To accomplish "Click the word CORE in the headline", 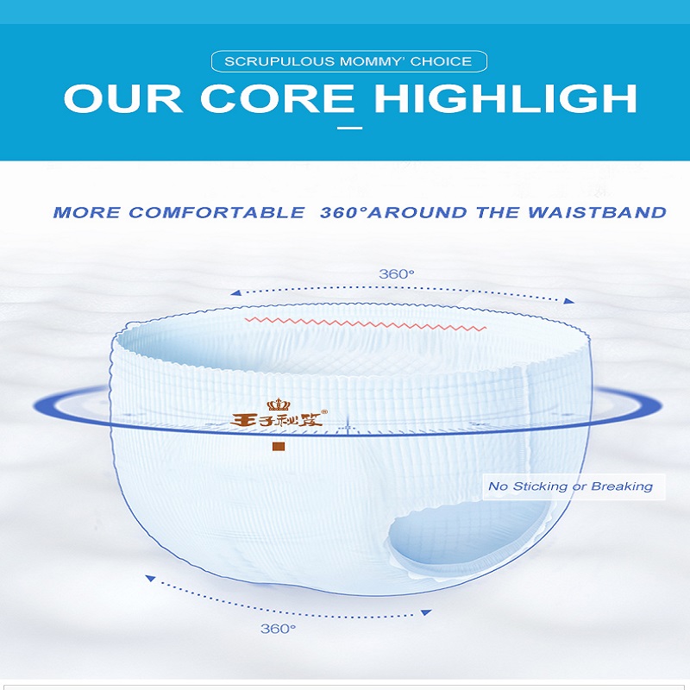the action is tap(277, 98).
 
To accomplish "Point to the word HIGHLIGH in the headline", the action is tap(505, 98).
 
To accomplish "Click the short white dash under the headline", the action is tap(350, 128).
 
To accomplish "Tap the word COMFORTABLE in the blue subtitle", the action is tap(216, 212).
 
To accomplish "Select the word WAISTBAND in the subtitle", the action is tap(597, 212).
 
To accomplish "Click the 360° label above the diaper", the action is tap(397, 274).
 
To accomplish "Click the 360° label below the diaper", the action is tap(278, 629).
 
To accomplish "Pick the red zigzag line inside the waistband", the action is tap(365, 323).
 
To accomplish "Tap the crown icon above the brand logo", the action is tap(278, 405).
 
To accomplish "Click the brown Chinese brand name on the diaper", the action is tap(276, 421).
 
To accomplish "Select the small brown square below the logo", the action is tap(278, 447).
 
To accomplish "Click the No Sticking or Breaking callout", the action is tap(574, 486).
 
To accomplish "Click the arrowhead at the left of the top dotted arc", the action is tap(235, 292).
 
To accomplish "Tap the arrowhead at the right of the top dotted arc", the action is tap(569, 301).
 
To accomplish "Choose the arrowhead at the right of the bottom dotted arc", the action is tap(426, 612).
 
